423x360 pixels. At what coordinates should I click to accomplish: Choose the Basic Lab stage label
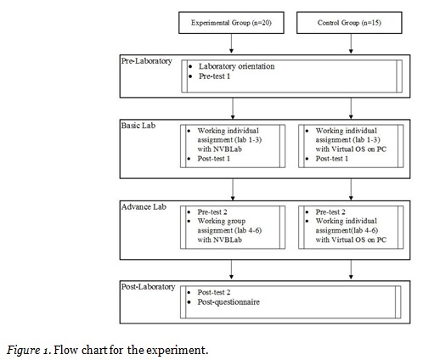click(x=138, y=125)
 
